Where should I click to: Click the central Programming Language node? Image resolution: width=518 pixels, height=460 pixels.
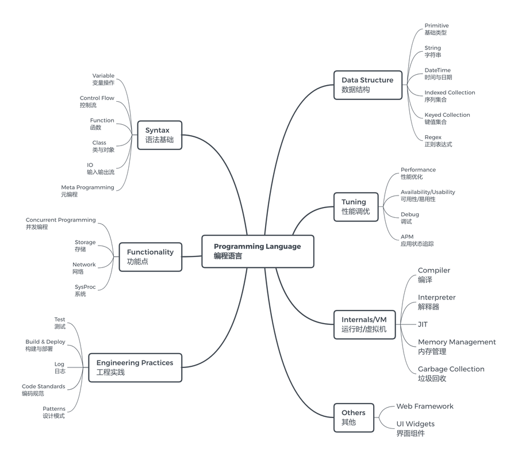(x=258, y=251)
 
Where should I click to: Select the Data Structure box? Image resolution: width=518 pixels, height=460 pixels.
(x=367, y=85)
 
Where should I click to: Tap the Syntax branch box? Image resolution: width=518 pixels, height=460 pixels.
(x=159, y=135)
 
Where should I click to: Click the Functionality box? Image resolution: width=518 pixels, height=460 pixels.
(x=150, y=256)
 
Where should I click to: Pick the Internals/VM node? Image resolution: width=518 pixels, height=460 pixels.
(x=364, y=324)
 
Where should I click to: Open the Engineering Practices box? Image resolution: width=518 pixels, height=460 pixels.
(x=135, y=367)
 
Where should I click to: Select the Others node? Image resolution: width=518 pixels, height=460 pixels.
(x=354, y=417)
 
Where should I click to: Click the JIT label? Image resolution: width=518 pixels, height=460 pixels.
(x=423, y=324)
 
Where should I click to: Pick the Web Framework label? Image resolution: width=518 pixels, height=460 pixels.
(x=424, y=406)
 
